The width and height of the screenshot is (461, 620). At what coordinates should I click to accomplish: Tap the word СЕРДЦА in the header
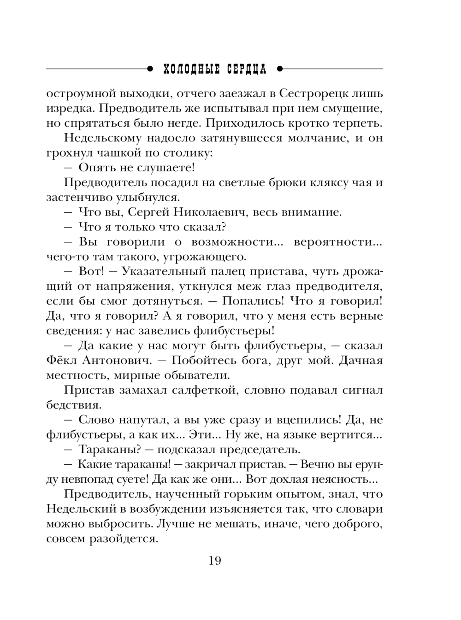click(x=247, y=70)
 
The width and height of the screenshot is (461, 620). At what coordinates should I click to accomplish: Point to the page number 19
click(x=215, y=561)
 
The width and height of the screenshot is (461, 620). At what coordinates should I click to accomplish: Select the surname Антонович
click(x=111, y=360)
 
